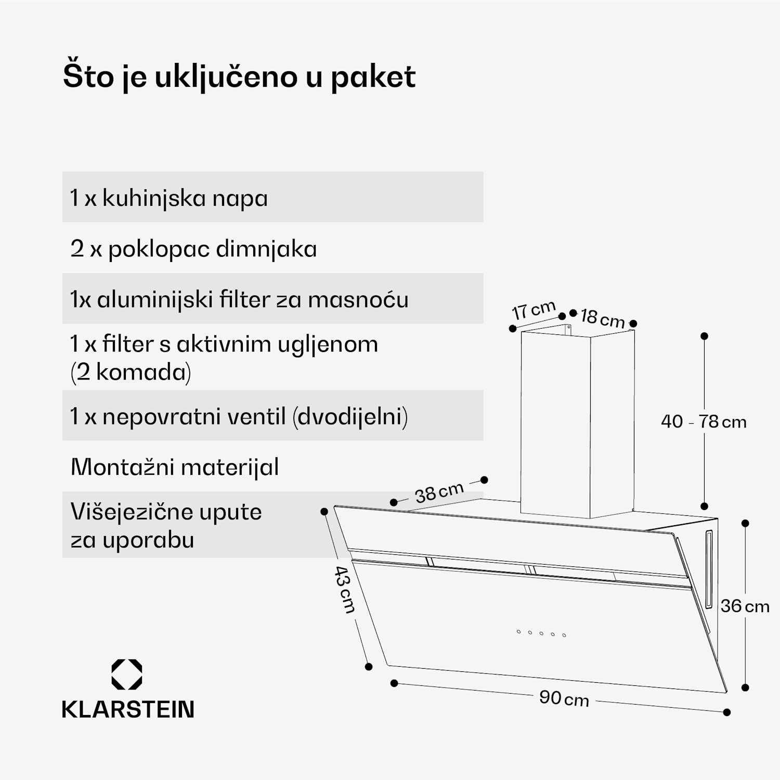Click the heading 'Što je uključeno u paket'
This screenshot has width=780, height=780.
point(239,77)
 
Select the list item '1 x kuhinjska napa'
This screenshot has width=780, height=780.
point(169,198)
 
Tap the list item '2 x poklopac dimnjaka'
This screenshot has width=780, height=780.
point(193,249)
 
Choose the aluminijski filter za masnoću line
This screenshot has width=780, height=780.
point(239,300)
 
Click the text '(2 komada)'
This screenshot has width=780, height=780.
point(131,372)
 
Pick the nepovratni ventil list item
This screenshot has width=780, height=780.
point(239,417)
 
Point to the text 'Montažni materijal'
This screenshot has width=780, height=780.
point(175,467)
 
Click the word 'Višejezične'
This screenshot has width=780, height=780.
point(131,512)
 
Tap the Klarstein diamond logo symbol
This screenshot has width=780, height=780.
point(127,674)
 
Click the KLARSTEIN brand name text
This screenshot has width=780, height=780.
point(128,710)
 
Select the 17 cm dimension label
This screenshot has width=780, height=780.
point(534,310)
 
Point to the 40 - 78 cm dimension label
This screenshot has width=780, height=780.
point(704,421)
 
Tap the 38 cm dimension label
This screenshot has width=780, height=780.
point(439,492)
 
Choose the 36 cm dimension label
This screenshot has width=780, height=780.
point(745,606)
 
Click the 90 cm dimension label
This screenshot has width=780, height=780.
point(564,698)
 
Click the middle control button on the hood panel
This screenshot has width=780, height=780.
point(541,633)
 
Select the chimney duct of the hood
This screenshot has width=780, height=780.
point(577,421)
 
